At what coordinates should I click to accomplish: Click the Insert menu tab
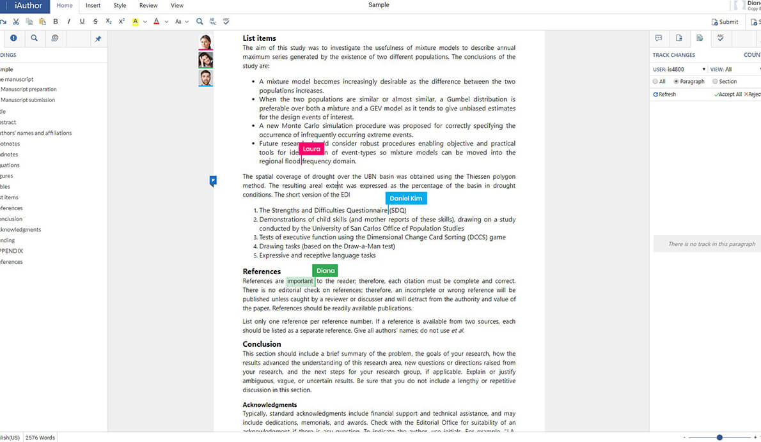click(x=93, y=6)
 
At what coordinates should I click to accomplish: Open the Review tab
click(x=148, y=6)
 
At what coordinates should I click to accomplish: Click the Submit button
click(x=725, y=22)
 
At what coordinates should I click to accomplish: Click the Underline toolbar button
click(x=82, y=22)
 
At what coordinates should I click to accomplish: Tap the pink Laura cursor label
click(x=311, y=149)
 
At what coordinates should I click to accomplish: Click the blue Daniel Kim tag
click(x=406, y=199)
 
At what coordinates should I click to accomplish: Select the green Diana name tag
click(x=326, y=271)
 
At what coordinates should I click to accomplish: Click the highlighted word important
click(x=300, y=281)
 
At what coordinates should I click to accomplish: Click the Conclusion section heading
click(x=262, y=344)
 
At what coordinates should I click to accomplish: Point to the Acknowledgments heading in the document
click(x=269, y=405)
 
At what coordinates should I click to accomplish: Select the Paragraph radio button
click(x=677, y=82)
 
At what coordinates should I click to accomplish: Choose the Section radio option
click(x=715, y=82)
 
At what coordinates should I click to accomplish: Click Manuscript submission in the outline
click(x=27, y=100)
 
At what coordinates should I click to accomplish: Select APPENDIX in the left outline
click(x=12, y=251)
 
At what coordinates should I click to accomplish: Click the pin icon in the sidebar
click(x=98, y=39)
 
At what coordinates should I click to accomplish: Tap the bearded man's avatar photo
click(x=205, y=79)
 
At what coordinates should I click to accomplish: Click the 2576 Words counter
click(x=40, y=438)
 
